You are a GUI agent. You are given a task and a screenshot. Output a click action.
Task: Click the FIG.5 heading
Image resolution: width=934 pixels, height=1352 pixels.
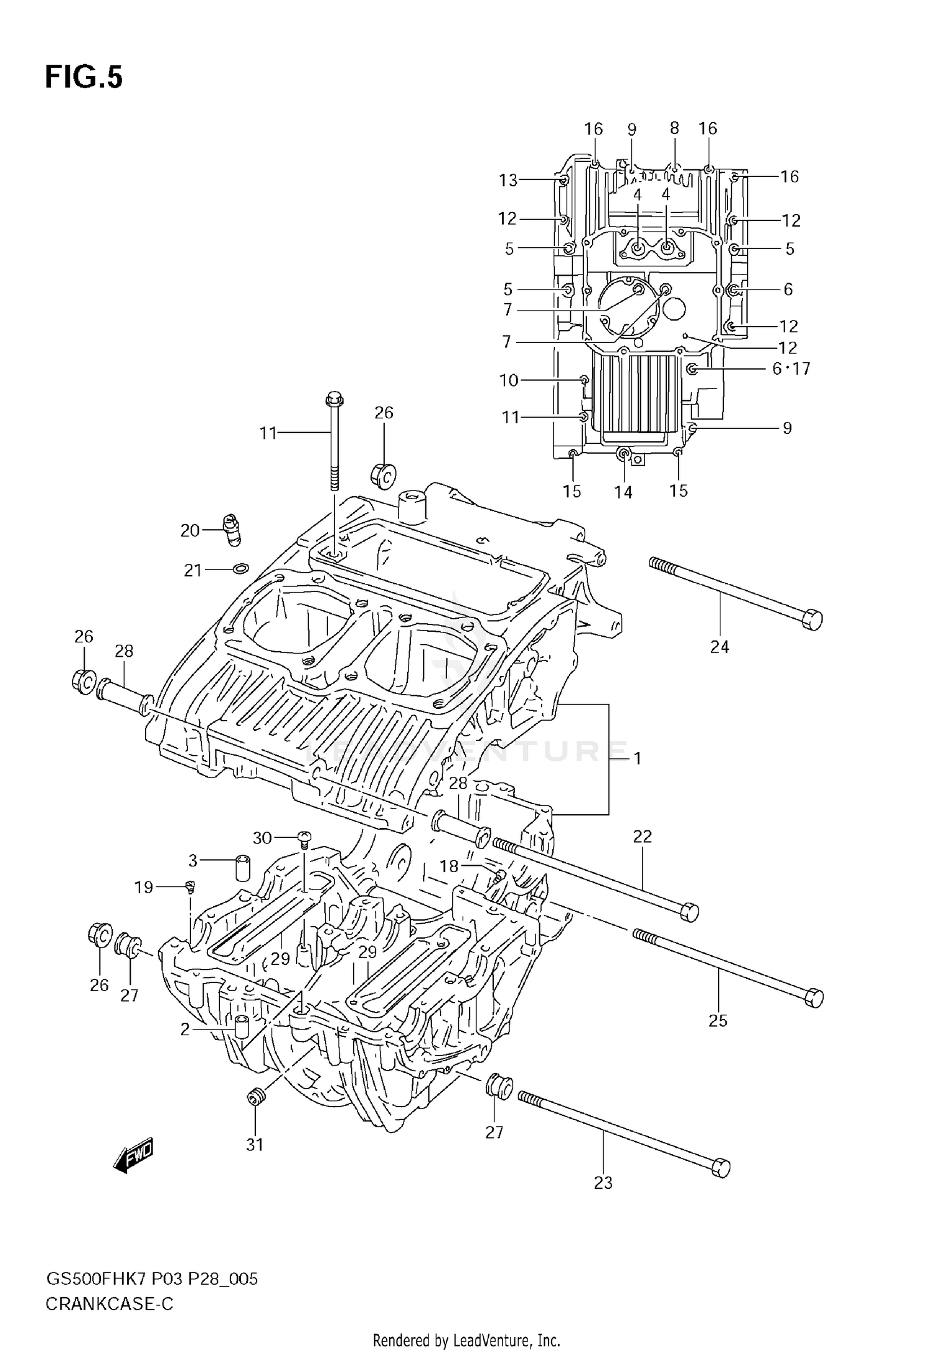83,77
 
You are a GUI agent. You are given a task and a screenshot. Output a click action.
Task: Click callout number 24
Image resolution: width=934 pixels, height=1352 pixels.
719,647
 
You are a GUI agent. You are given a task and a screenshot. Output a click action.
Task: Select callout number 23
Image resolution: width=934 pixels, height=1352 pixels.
603,1183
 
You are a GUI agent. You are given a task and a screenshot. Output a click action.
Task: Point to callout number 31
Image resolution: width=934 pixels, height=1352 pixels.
255,1144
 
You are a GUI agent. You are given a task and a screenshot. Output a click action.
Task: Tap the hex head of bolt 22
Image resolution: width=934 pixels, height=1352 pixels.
689,913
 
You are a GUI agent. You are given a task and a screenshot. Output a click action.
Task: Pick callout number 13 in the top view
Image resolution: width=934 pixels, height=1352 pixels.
508,181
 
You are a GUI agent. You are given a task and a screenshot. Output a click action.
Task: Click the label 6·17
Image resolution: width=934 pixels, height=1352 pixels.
791,369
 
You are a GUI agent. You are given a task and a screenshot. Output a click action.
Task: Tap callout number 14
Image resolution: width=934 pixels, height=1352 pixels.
623,492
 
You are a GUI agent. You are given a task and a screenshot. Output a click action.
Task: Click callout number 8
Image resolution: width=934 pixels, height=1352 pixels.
674,128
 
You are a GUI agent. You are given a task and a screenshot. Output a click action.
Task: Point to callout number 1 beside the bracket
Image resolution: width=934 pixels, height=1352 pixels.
637,758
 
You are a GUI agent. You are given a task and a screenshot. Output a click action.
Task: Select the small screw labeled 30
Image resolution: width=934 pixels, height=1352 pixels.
304,838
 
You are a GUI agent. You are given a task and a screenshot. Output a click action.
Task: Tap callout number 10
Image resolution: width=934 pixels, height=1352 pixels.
509,380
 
